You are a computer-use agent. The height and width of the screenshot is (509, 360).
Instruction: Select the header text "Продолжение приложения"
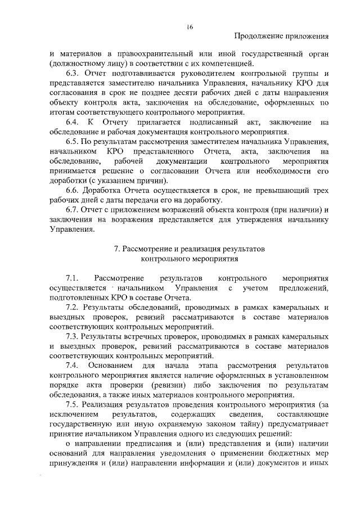[280, 37]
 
